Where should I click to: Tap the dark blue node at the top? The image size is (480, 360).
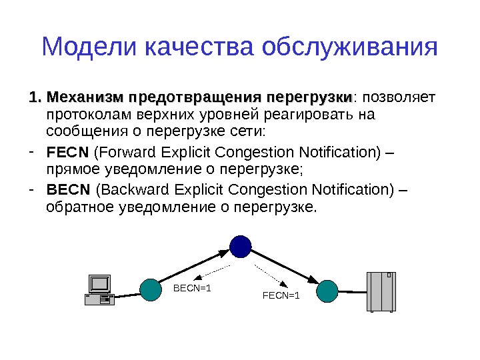click(x=240, y=246)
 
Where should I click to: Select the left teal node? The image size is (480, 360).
click(x=151, y=290)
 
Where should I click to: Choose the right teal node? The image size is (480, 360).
click(x=327, y=290)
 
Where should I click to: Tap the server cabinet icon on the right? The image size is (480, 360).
click(x=381, y=291)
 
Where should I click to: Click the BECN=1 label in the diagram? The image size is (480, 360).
click(x=192, y=289)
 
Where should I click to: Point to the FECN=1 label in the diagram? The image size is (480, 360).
click(x=281, y=295)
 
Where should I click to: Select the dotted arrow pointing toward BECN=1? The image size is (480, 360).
click(x=212, y=272)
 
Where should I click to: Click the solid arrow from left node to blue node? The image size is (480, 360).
click(x=193, y=267)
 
